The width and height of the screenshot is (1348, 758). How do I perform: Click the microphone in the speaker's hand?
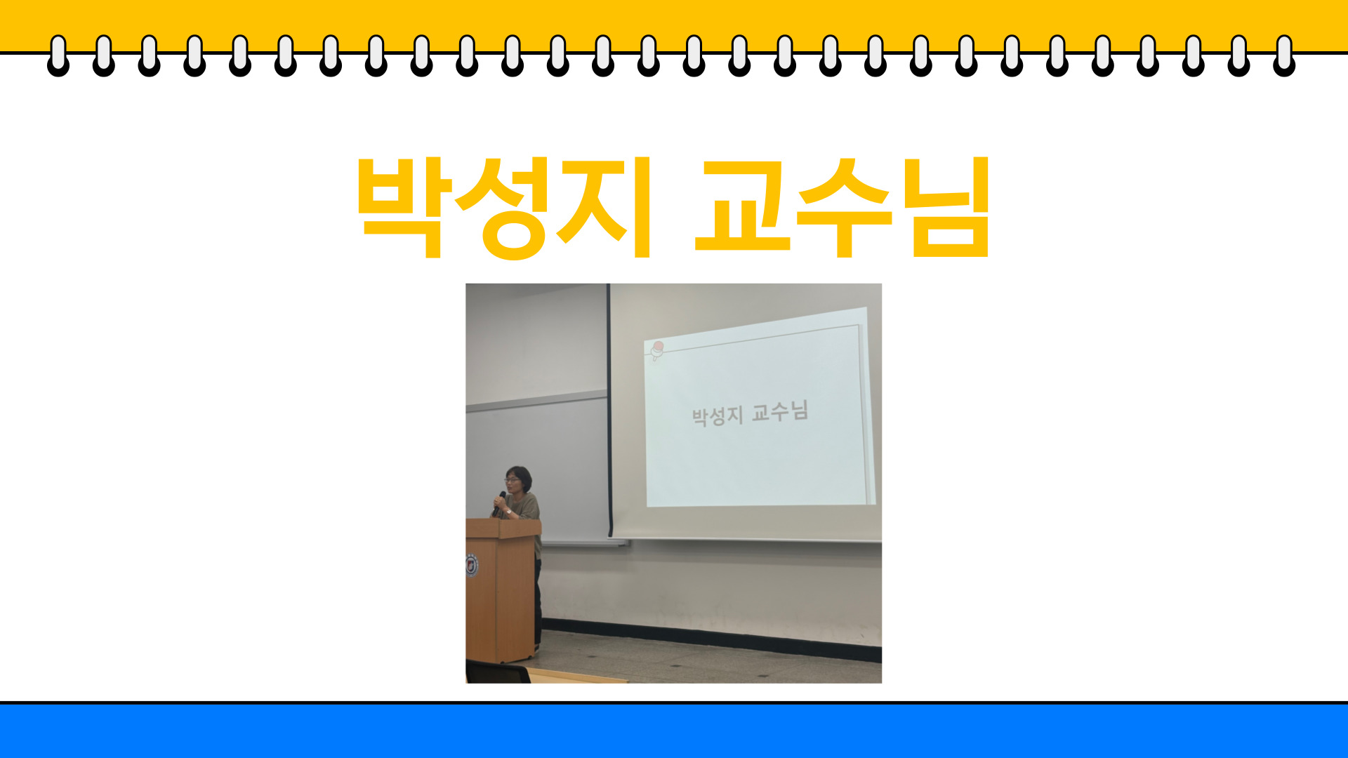tap(501, 498)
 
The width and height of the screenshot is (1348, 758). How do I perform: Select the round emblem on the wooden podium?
tap(472, 565)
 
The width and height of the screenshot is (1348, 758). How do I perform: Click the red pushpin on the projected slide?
tap(657, 350)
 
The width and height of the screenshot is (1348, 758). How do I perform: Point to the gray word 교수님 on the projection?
tap(780, 411)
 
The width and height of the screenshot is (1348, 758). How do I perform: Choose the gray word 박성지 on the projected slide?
tap(717, 416)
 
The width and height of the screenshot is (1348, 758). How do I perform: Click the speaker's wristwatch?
tap(508, 511)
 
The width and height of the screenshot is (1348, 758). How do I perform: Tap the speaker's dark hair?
tap(519, 475)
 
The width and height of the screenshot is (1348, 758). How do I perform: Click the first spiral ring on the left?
tap(58, 55)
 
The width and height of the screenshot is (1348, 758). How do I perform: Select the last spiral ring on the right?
tap(1284, 55)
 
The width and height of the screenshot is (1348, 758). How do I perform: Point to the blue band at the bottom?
tap(674, 731)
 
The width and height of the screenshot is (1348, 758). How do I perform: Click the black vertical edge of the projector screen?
tap(609, 411)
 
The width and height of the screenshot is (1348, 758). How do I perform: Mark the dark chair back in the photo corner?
tap(498, 672)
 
